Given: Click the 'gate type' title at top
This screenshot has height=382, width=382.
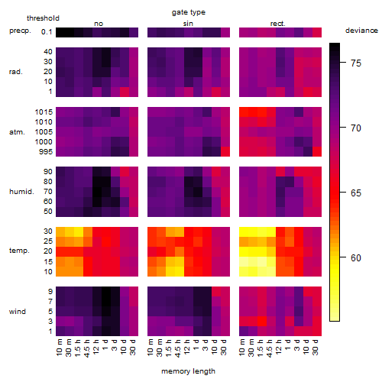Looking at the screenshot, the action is coord(189,12).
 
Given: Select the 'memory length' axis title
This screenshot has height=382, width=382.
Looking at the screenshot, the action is coord(188,371).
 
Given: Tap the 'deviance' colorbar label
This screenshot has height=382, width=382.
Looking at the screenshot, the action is coord(361,31).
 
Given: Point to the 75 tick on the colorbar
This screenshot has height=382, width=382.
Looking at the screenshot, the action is coord(343,62).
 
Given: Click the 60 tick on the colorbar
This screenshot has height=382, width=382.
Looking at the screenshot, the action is coord(343,257).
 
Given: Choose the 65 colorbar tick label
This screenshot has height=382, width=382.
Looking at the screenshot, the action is coord(356,193).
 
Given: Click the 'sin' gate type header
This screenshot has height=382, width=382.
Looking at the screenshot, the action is coord(188,24).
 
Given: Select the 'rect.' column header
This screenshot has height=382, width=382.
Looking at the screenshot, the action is coord(278,24).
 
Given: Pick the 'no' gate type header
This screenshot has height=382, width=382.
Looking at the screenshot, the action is coord(99,24).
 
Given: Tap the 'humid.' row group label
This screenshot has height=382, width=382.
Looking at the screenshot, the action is coord(21,192).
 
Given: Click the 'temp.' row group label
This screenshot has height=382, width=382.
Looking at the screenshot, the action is coord(19,251).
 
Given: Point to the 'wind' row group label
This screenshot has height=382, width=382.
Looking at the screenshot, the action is coord(18,312).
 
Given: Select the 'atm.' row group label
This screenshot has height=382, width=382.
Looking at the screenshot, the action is coord(17,132).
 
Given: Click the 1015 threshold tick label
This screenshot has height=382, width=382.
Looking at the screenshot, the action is coord(44,112).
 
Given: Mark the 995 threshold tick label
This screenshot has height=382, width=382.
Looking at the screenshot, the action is coord(46,152).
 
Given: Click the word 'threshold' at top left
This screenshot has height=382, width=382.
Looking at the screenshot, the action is coord(43,18).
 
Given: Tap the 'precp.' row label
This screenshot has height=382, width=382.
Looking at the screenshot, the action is coord(20,31).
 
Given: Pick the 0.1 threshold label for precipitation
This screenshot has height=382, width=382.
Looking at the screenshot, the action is coord(47,32).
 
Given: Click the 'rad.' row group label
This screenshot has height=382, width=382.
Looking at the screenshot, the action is coord(16,72).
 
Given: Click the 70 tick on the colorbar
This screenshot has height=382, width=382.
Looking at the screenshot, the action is coord(343,127).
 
